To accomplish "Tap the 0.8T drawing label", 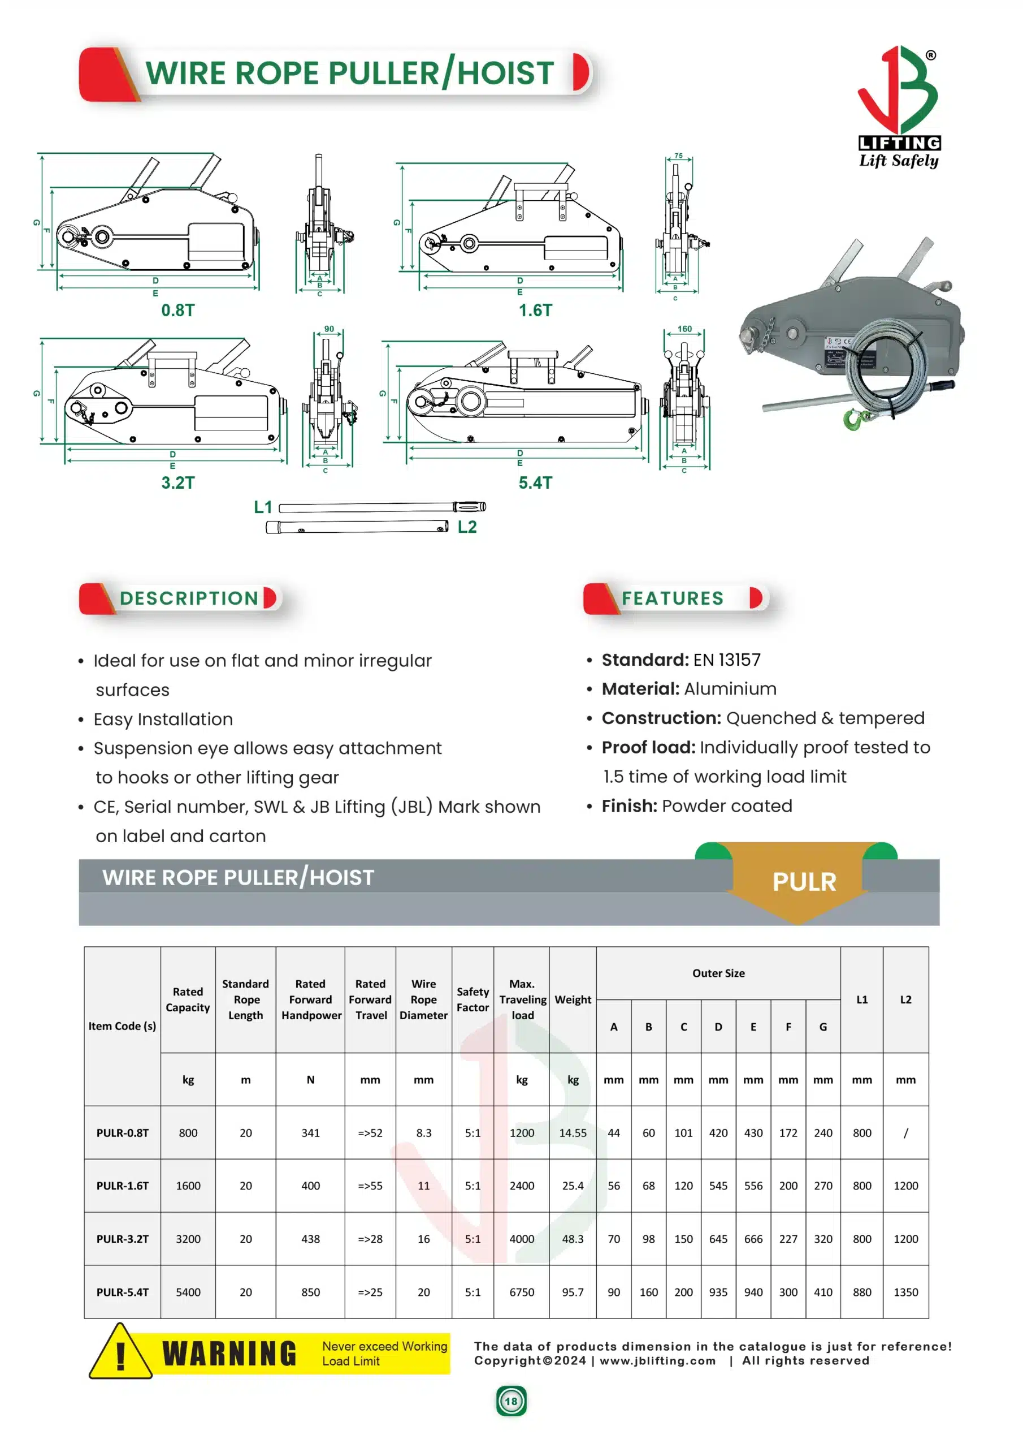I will coord(177,311).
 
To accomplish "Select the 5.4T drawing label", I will coord(535,483).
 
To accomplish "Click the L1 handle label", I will coord(263,507).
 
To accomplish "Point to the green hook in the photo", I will coord(854,419).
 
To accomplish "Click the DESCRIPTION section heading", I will coord(189,598).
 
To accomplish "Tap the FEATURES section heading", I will coord(673,598).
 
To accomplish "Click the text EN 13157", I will coord(727,660).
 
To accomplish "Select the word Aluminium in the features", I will coord(730,689).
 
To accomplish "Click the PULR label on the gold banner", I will coord(804,882).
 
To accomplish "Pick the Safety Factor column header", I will coord(472,999).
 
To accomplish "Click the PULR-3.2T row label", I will coord(122,1239).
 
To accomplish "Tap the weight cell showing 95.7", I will coord(573,1291).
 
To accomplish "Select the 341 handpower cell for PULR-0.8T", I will coord(310,1133).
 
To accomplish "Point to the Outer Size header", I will coord(718,973).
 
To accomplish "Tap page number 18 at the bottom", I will coord(510,1401).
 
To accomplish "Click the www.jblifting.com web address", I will coord(657,1361).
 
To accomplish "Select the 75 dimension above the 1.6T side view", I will coord(678,156).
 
